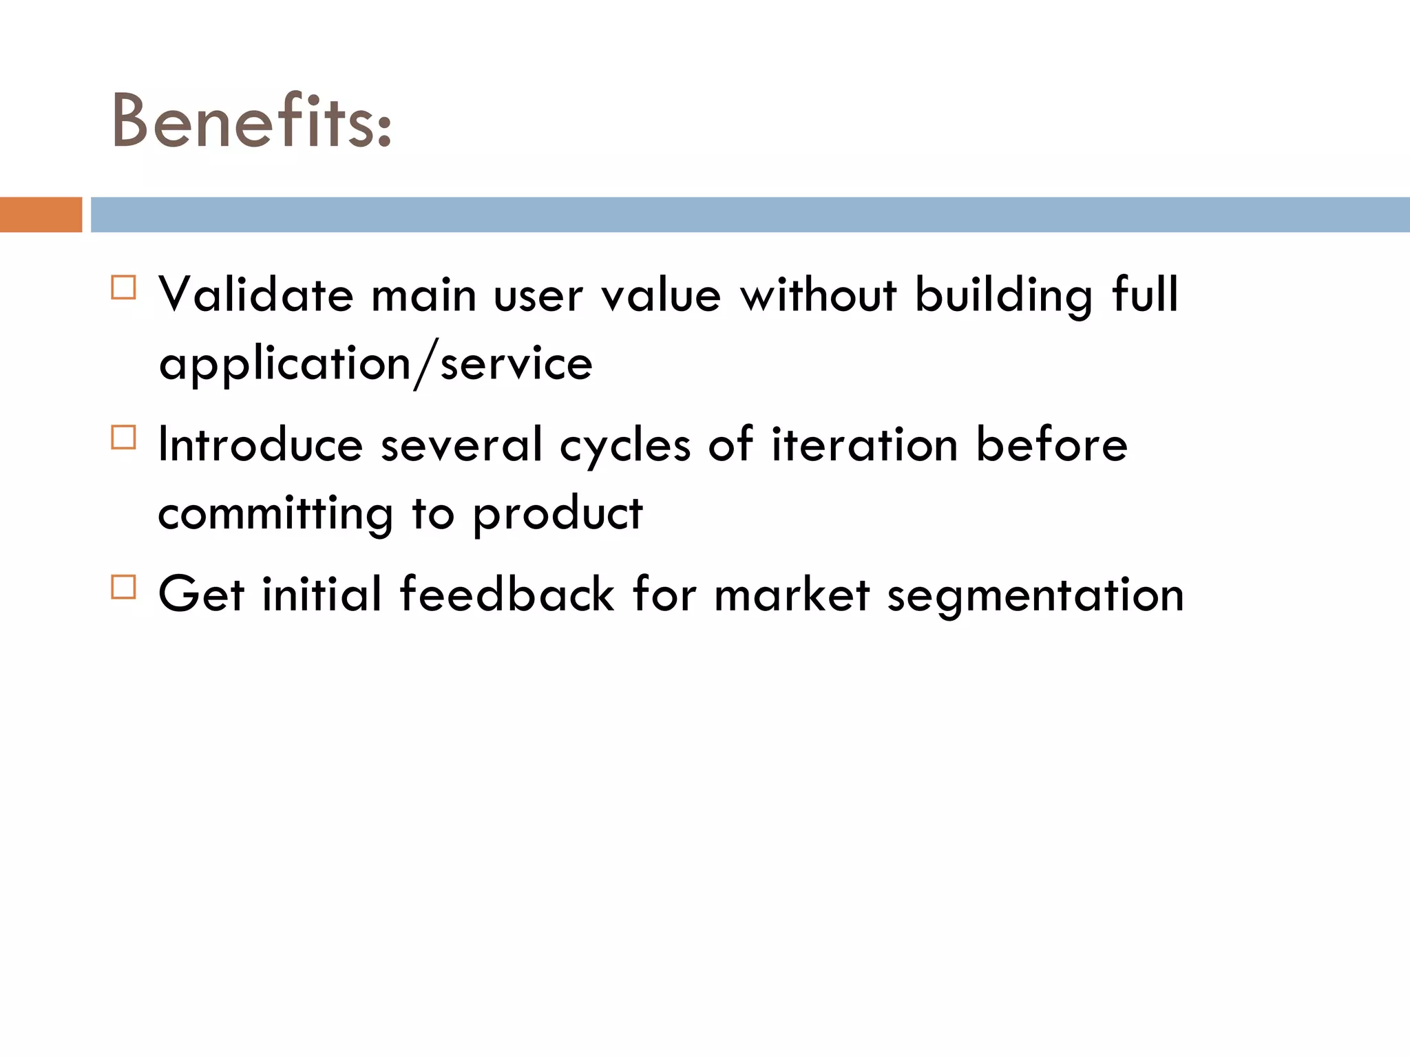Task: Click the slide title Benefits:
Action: click(x=251, y=122)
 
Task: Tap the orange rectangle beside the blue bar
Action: click(x=41, y=215)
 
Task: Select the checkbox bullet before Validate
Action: click(x=124, y=287)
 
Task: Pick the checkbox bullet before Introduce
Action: click(x=124, y=437)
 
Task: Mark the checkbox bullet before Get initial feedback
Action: click(x=124, y=587)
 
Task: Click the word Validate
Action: click(x=256, y=295)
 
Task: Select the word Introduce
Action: click(x=260, y=445)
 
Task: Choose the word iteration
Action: click(x=865, y=445)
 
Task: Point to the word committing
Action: click(x=275, y=515)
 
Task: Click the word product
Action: click(x=558, y=515)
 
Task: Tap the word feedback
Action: click(x=507, y=594)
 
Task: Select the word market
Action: click(x=792, y=594)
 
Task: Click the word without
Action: click(x=818, y=295)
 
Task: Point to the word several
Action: click(x=462, y=445)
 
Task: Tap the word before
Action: click(x=1052, y=445)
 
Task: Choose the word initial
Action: click(x=322, y=594)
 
